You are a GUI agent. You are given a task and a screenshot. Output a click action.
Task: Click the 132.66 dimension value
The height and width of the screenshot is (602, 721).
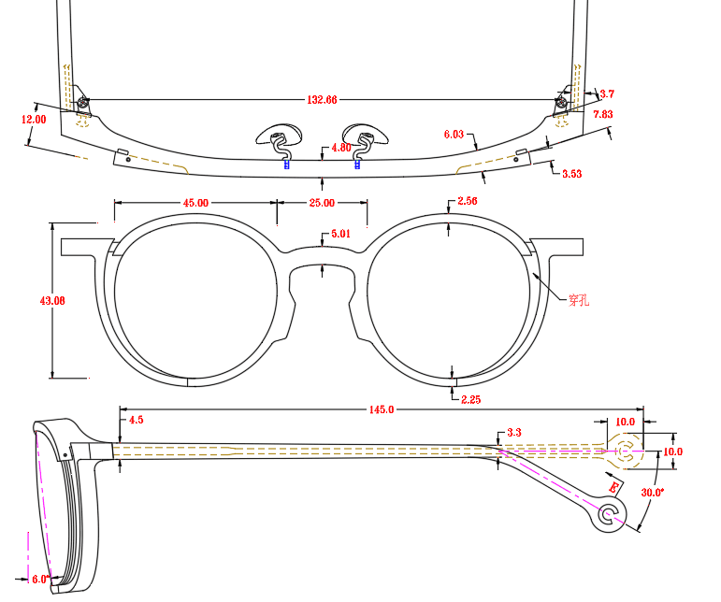(x=322, y=100)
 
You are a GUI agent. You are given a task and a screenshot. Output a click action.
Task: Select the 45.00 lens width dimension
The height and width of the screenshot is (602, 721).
(x=195, y=203)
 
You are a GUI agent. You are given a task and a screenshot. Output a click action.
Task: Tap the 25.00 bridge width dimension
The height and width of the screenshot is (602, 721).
(x=322, y=203)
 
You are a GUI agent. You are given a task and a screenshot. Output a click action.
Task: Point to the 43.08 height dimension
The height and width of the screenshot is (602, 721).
(x=52, y=301)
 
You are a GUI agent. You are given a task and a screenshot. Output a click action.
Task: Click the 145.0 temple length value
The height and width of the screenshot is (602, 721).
(x=382, y=409)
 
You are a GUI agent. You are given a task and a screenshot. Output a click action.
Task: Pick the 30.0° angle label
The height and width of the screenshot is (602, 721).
(x=653, y=493)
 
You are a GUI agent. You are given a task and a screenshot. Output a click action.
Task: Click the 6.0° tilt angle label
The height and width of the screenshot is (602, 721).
(x=40, y=579)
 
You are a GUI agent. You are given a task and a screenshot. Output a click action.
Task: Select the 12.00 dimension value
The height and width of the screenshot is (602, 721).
(x=34, y=120)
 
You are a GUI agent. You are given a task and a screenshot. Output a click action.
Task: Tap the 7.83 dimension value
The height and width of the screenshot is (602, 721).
(x=603, y=114)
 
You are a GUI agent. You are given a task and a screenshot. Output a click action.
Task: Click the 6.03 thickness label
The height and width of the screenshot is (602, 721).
(x=454, y=135)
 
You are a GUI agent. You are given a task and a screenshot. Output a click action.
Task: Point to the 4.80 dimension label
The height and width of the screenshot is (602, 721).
(x=341, y=148)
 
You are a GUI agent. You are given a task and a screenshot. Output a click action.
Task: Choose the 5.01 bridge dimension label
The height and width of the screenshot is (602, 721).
(x=340, y=234)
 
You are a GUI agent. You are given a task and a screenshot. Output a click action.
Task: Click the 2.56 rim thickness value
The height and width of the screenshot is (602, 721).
(x=468, y=201)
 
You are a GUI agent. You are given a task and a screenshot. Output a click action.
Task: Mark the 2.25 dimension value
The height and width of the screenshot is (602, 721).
(x=471, y=400)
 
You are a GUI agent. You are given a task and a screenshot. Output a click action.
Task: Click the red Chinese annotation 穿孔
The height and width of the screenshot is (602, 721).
(x=579, y=301)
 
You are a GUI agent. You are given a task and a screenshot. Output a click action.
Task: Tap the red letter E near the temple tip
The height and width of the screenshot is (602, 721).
(x=613, y=487)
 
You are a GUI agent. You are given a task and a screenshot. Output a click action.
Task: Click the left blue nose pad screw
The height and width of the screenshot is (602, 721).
(x=287, y=165)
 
